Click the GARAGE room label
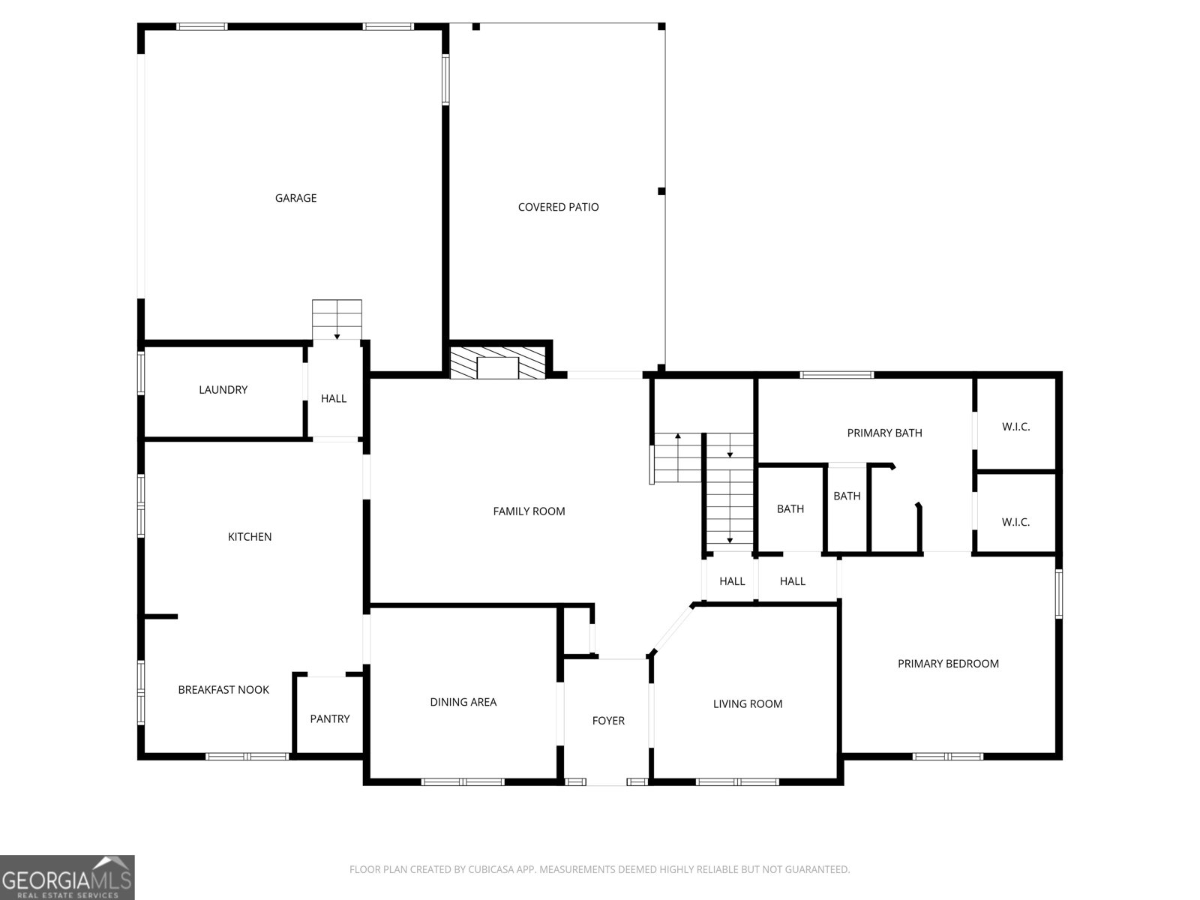295,198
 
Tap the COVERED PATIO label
558,207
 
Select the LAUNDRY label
223,389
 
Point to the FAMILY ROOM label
529,511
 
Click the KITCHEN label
249,537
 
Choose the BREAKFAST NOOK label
223,690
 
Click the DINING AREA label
463,702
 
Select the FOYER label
608,721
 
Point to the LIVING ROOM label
747,703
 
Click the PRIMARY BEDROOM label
948,664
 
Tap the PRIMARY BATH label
884,433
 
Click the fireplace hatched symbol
497,362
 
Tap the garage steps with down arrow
337,319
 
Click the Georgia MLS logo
67,877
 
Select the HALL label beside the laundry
334,399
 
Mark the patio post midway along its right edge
661,191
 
